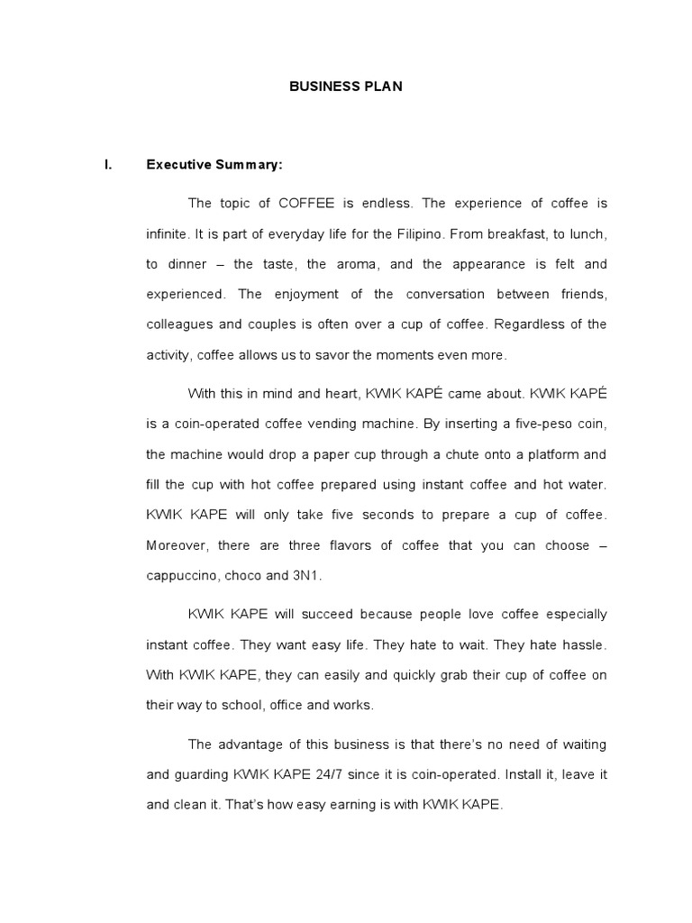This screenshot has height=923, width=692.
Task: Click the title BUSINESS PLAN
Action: click(345, 87)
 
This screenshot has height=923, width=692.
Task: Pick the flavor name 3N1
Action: click(305, 576)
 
